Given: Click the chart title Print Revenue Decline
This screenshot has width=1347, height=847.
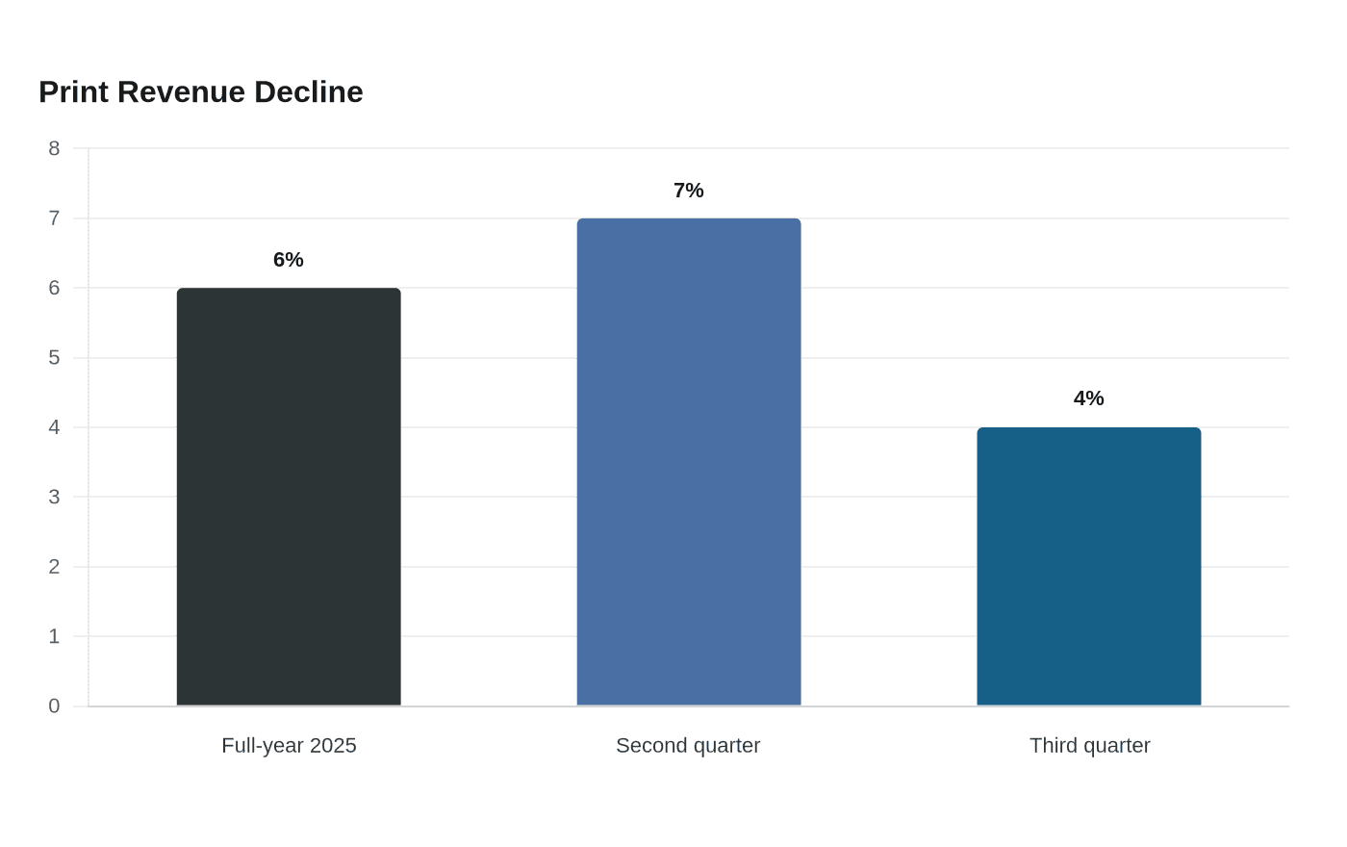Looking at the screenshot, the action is pyautogui.click(x=201, y=92).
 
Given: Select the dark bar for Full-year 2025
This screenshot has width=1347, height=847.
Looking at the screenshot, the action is pyautogui.click(x=289, y=497).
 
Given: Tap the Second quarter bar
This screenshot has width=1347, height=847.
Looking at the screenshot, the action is pyautogui.click(x=689, y=461).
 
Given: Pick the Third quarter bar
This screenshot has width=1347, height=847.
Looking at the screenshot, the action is pyautogui.click(x=1089, y=566).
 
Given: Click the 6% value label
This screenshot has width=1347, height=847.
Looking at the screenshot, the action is pyautogui.click(x=289, y=260).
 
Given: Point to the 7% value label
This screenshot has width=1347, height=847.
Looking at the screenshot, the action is pyautogui.click(x=689, y=191).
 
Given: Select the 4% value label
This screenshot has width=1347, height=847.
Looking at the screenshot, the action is pyautogui.click(x=1089, y=398).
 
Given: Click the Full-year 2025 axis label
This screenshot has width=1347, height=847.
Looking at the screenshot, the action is pyautogui.click(x=290, y=746).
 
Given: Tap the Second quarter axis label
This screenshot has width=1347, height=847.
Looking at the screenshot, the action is pyautogui.click(x=689, y=746).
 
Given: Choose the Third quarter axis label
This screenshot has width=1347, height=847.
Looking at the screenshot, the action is pyautogui.click(x=1090, y=746).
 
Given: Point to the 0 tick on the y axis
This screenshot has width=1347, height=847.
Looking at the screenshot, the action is pyautogui.click(x=54, y=706).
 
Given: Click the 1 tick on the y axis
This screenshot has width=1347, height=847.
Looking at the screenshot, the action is pyautogui.click(x=54, y=636).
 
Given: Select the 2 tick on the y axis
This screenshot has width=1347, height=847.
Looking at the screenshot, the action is pyautogui.click(x=54, y=567).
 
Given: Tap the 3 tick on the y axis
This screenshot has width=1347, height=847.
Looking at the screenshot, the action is pyautogui.click(x=54, y=497).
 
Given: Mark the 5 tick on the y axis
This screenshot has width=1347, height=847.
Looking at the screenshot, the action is pyautogui.click(x=54, y=358).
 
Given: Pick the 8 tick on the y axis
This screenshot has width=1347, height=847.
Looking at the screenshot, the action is pyautogui.click(x=54, y=148).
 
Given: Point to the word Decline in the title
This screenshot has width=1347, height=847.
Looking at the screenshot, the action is pyautogui.click(x=309, y=92).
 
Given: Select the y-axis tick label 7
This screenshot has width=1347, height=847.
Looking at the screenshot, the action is pyautogui.click(x=54, y=218).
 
